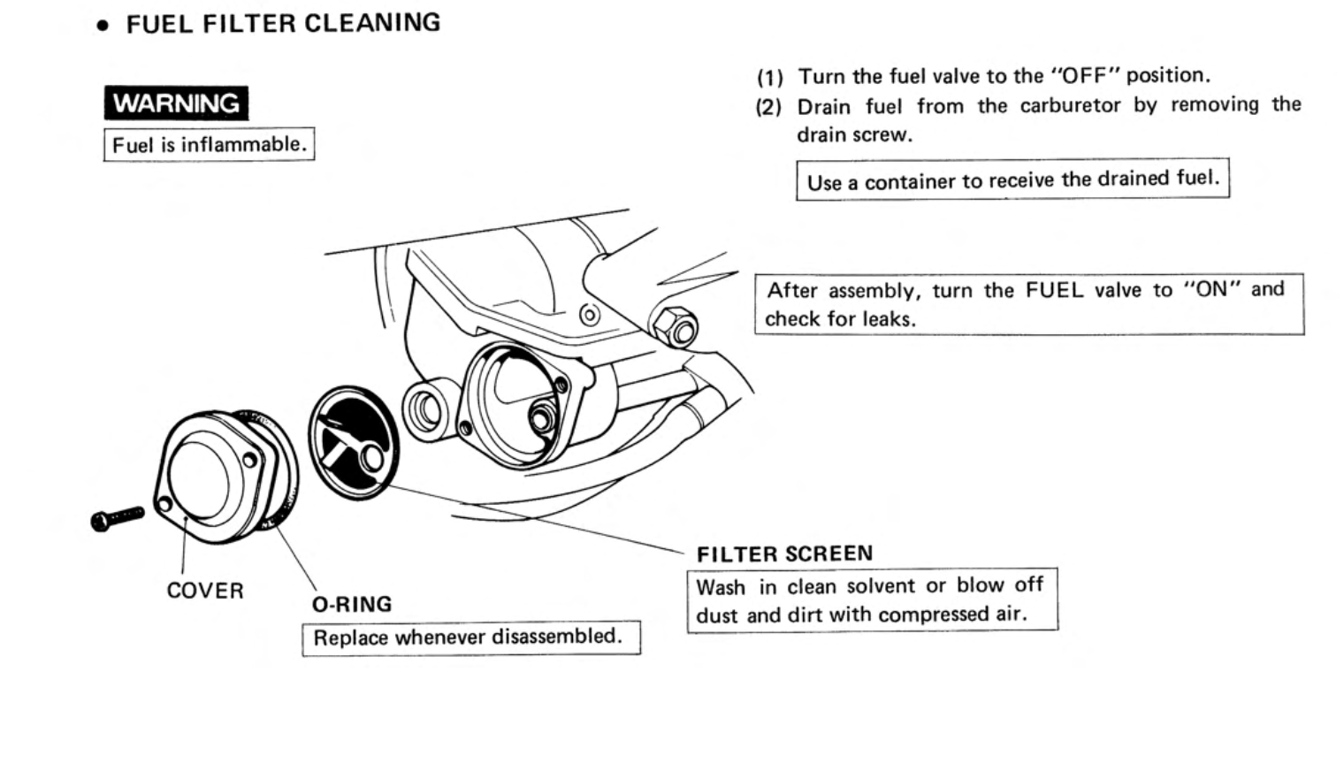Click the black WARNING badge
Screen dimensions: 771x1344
tap(176, 103)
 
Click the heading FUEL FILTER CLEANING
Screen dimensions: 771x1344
tap(283, 23)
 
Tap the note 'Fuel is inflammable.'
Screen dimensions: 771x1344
tap(209, 144)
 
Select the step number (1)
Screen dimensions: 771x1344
tap(769, 77)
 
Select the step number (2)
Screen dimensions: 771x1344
tap(768, 108)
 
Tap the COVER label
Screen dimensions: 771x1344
tap(205, 591)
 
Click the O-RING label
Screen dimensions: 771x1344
tap(352, 605)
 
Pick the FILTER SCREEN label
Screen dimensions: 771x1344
tap(784, 554)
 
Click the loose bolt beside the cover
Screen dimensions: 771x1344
tap(117, 517)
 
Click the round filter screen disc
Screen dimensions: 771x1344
tap(354, 443)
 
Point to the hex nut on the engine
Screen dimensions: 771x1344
tap(676, 325)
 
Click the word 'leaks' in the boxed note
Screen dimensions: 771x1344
tap(888, 319)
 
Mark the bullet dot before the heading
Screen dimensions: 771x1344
tap(103, 27)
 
